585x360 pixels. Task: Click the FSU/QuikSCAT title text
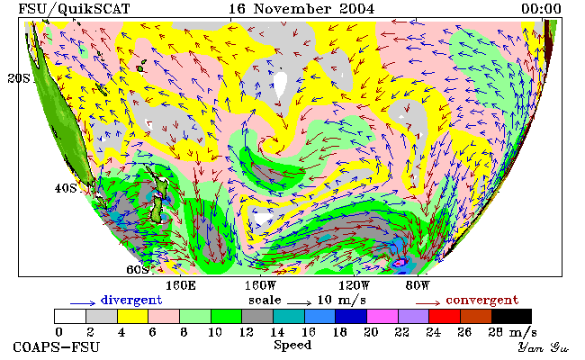point(74,9)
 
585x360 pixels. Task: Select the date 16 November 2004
point(301,9)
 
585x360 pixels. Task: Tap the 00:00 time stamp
point(541,9)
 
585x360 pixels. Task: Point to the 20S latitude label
point(19,78)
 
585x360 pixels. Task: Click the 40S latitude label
point(66,188)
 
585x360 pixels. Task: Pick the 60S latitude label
point(138,269)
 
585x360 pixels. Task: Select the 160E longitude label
point(181,286)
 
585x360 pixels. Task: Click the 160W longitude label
point(260,286)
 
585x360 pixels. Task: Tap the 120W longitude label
point(354,286)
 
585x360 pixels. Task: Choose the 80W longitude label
point(418,286)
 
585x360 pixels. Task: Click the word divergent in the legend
point(131,300)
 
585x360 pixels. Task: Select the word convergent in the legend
point(482,300)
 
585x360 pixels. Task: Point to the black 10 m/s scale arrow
point(299,303)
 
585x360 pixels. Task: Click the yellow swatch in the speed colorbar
point(132,316)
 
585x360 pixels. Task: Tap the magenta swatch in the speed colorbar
point(382,316)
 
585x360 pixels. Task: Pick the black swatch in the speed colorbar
point(511,316)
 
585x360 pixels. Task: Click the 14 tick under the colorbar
point(277,332)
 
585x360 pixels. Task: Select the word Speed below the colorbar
point(292,345)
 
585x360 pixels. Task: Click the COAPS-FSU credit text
point(57,347)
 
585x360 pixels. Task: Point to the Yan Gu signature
point(543,348)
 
